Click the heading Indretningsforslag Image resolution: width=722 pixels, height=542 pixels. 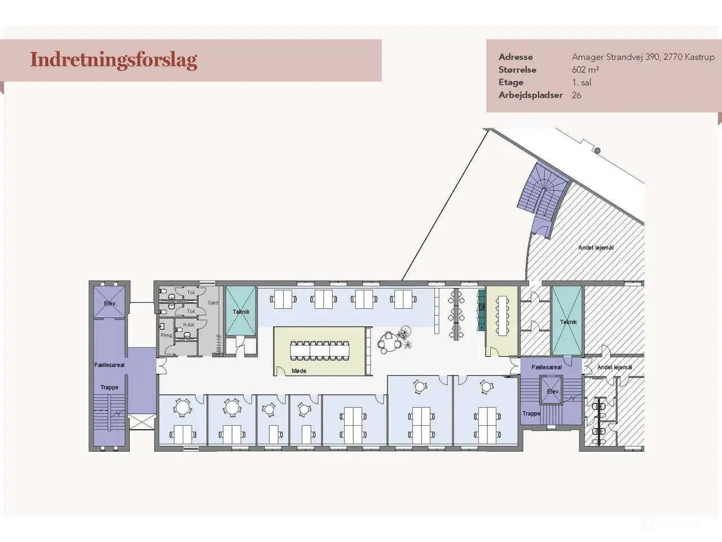pos(113,60)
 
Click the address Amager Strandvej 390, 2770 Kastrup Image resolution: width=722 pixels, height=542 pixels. pos(643,57)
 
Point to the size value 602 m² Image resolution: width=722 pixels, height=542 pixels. pos(585,70)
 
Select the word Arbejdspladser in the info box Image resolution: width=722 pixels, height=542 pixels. pos(530,95)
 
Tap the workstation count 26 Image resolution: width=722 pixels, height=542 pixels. pos(576,95)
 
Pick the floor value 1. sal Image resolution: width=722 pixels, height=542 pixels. pos(582,82)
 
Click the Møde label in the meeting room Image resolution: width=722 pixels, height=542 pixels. pos(299,371)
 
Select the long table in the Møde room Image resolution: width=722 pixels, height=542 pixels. pos(319,350)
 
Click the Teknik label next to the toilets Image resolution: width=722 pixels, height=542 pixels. pos(241,312)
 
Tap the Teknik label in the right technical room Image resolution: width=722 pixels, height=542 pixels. pos(568,322)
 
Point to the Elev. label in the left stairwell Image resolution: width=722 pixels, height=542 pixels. pos(109,303)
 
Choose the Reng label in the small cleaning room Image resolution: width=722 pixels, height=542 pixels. pos(166,335)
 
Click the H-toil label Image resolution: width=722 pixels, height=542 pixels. pos(188,325)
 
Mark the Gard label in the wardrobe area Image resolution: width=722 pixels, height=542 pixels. pos(213,303)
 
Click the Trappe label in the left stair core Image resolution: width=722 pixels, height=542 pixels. pos(109,387)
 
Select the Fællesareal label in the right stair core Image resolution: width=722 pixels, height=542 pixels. pos(547,367)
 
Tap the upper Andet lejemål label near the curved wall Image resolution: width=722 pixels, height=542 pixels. pos(596,247)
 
